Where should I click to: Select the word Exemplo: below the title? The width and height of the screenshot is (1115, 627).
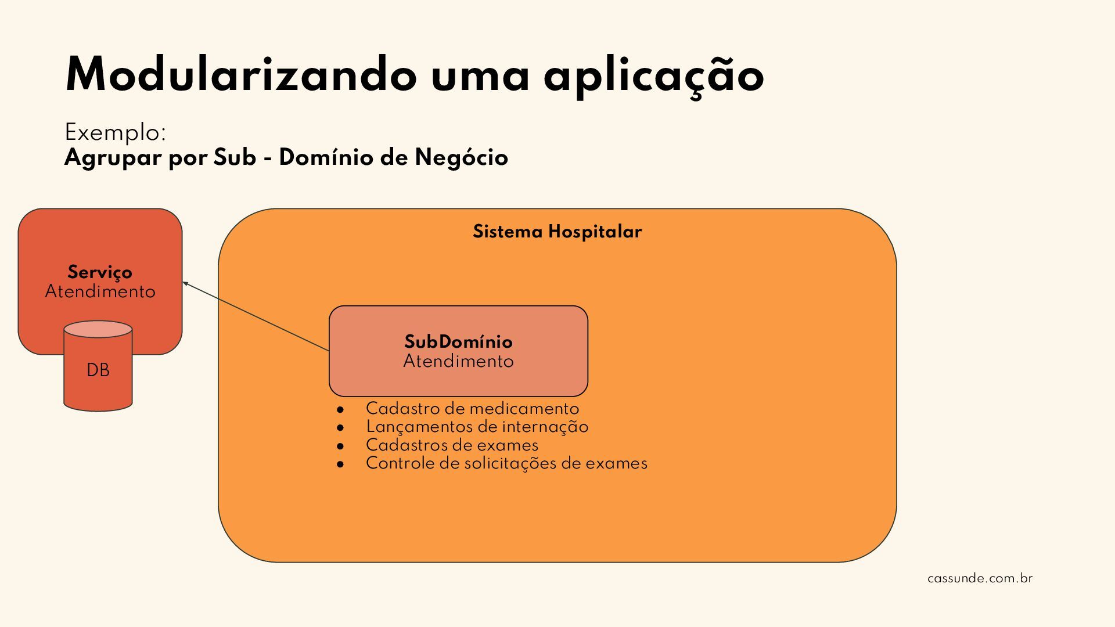(x=116, y=133)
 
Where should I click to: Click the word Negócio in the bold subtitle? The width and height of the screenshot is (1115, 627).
(x=461, y=158)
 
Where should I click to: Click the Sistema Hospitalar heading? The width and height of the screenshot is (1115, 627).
(x=557, y=232)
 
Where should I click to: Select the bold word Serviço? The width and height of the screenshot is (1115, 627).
(x=100, y=272)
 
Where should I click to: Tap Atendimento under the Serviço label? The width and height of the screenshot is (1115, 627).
(x=100, y=291)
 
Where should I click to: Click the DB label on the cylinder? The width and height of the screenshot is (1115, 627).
(x=98, y=370)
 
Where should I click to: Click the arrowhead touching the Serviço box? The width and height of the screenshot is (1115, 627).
(x=185, y=283)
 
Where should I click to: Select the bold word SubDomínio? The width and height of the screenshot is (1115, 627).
(x=458, y=341)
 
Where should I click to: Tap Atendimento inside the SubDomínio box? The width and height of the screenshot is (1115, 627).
(x=458, y=361)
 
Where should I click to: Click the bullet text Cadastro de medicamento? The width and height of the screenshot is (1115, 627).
(x=472, y=409)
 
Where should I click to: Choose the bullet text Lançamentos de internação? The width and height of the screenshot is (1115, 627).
(x=477, y=427)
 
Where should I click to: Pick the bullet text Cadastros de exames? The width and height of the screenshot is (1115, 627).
(x=452, y=445)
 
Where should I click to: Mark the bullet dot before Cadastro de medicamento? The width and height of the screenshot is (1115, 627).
(x=340, y=410)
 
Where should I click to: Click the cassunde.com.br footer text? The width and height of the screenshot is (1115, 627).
(x=980, y=578)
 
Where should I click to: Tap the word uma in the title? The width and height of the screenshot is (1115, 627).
(x=480, y=75)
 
